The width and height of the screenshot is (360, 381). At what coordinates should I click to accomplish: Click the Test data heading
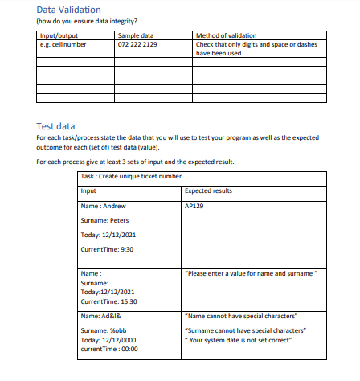click(x=55, y=125)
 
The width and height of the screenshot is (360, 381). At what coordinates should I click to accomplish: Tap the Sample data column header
click(x=136, y=36)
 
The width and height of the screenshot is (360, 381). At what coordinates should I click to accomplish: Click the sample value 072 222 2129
click(x=137, y=44)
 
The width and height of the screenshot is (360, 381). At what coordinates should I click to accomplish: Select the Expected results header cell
click(x=208, y=190)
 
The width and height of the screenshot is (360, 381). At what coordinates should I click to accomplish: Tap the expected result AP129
click(x=194, y=206)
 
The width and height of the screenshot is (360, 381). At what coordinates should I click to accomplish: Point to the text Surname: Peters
click(x=105, y=220)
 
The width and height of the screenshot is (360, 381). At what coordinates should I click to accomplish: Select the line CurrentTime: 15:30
click(x=111, y=301)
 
